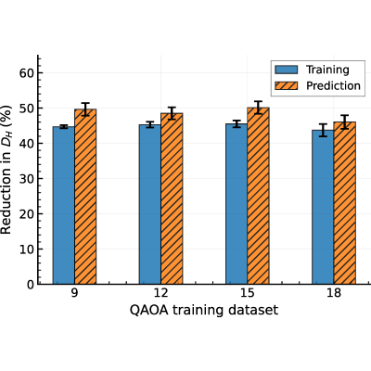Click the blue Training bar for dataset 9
point(64,205)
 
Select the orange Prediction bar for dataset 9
point(85,197)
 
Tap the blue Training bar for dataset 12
point(150,204)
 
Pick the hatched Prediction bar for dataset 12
point(172,198)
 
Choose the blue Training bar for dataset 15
point(237,204)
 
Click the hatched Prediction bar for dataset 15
point(258,196)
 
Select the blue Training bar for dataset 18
point(323,207)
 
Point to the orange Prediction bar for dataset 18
point(344,203)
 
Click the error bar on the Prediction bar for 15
point(258,108)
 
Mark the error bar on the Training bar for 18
point(323,130)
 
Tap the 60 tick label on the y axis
point(27,73)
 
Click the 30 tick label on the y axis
point(27,179)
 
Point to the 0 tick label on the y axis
point(31,285)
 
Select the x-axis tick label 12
point(160,293)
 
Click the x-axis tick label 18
point(334,293)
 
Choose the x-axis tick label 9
point(74,293)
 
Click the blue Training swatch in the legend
point(287,70)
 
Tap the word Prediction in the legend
point(333,85)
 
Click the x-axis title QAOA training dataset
point(204,310)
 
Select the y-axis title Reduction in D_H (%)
point(6,170)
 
